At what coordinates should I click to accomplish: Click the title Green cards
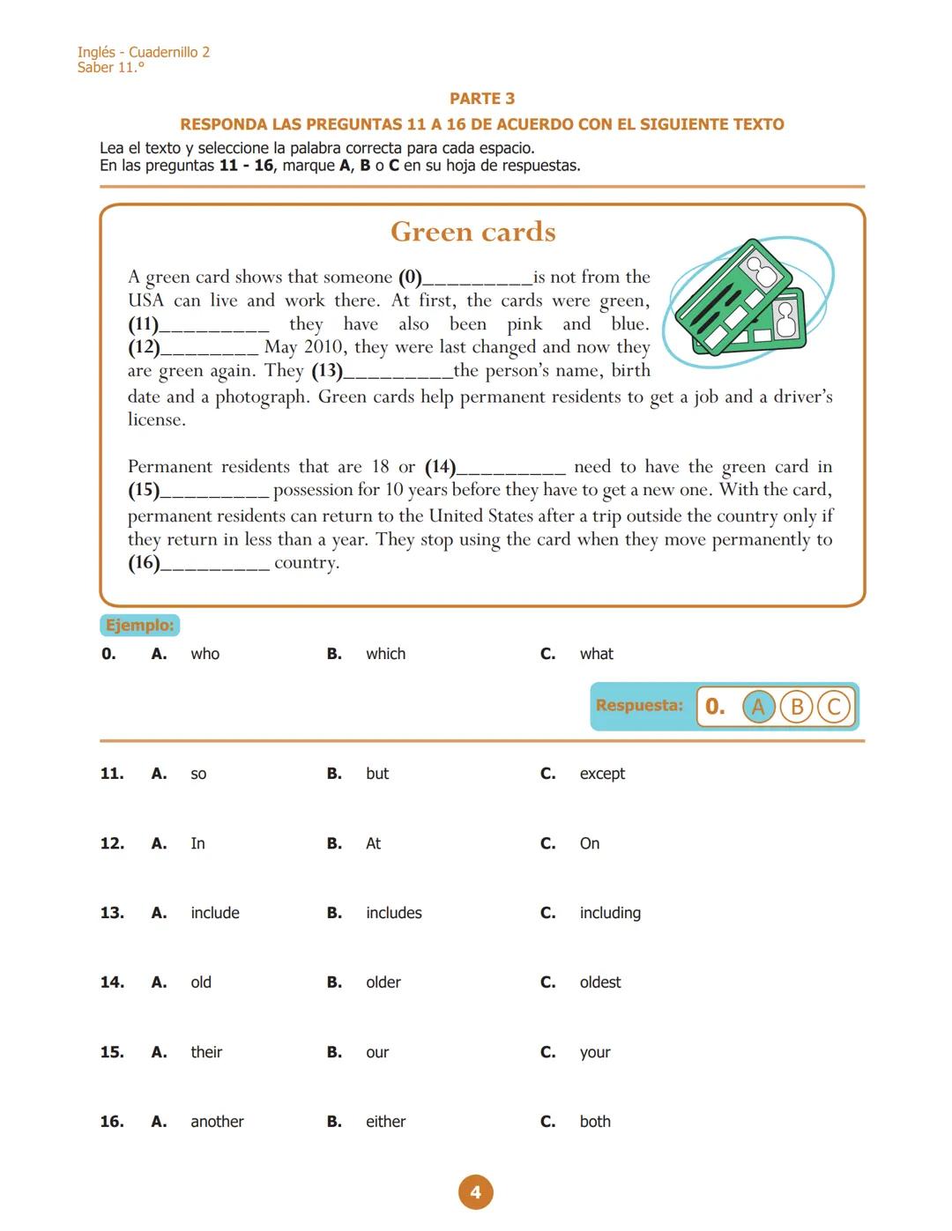pyautogui.click(x=473, y=232)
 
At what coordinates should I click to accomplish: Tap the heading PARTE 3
pyautogui.click(x=482, y=99)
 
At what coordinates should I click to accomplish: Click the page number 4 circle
pyautogui.click(x=475, y=1192)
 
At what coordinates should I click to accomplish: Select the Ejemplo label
pyautogui.click(x=140, y=626)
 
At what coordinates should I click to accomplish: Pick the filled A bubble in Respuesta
pyautogui.click(x=758, y=707)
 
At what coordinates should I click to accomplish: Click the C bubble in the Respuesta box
pyautogui.click(x=834, y=707)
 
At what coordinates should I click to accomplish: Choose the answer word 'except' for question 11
pyautogui.click(x=602, y=774)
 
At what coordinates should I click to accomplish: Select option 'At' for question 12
pyautogui.click(x=373, y=843)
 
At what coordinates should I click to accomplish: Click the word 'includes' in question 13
pyautogui.click(x=393, y=913)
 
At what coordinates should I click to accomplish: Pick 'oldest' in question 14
pyautogui.click(x=599, y=983)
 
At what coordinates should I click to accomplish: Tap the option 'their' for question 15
pyautogui.click(x=206, y=1052)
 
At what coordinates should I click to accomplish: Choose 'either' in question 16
pyautogui.click(x=385, y=1122)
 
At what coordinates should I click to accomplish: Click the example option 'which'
pyautogui.click(x=385, y=654)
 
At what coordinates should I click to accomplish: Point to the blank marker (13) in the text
pyautogui.click(x=327, y=371)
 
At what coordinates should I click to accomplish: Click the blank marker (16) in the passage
pyautogui.click(x=144, y=563)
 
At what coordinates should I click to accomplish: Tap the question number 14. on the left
pyautogui.click(x=112, y=983)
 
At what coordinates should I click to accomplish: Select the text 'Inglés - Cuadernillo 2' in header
pyautogui.click(x=143, y=52)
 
